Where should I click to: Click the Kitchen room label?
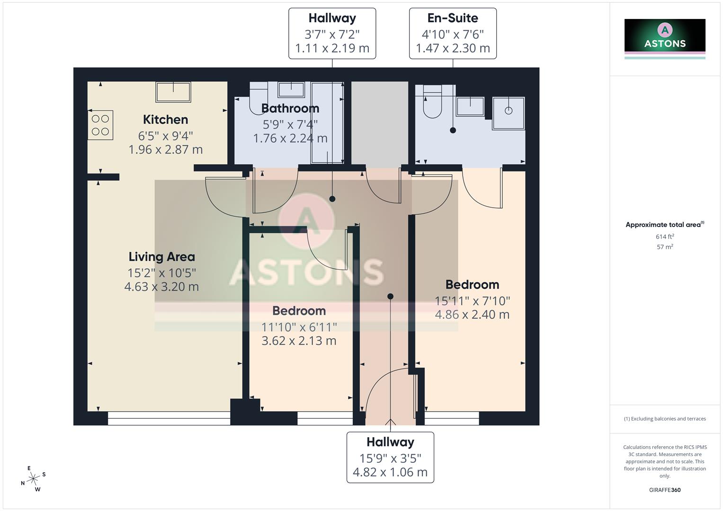tap(165, 120)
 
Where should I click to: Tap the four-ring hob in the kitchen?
tap(100, 125)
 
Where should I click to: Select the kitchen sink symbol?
tap(173, 92)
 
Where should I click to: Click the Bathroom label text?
tap(290, 108)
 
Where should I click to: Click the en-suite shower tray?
tap(509, 113)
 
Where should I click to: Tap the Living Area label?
tap(161, 257)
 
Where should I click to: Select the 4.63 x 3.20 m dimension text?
tap(161, 287)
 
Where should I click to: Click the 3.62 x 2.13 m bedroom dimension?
tap(299, 341)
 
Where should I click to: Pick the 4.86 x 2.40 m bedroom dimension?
tap(472, 315)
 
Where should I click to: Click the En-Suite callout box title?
tap(453, 18)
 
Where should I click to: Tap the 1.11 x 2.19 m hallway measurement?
tap(332, 48)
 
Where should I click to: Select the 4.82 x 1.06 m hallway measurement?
tap(390, 472)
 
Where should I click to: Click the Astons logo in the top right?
tap(665, 38)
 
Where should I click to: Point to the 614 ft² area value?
tap(665, 237)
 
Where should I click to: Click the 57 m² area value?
tap(665, 247)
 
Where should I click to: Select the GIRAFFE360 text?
tap(665, 490)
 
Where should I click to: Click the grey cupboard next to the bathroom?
tap(379, 123)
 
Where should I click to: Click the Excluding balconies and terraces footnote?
tap(665, 419)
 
